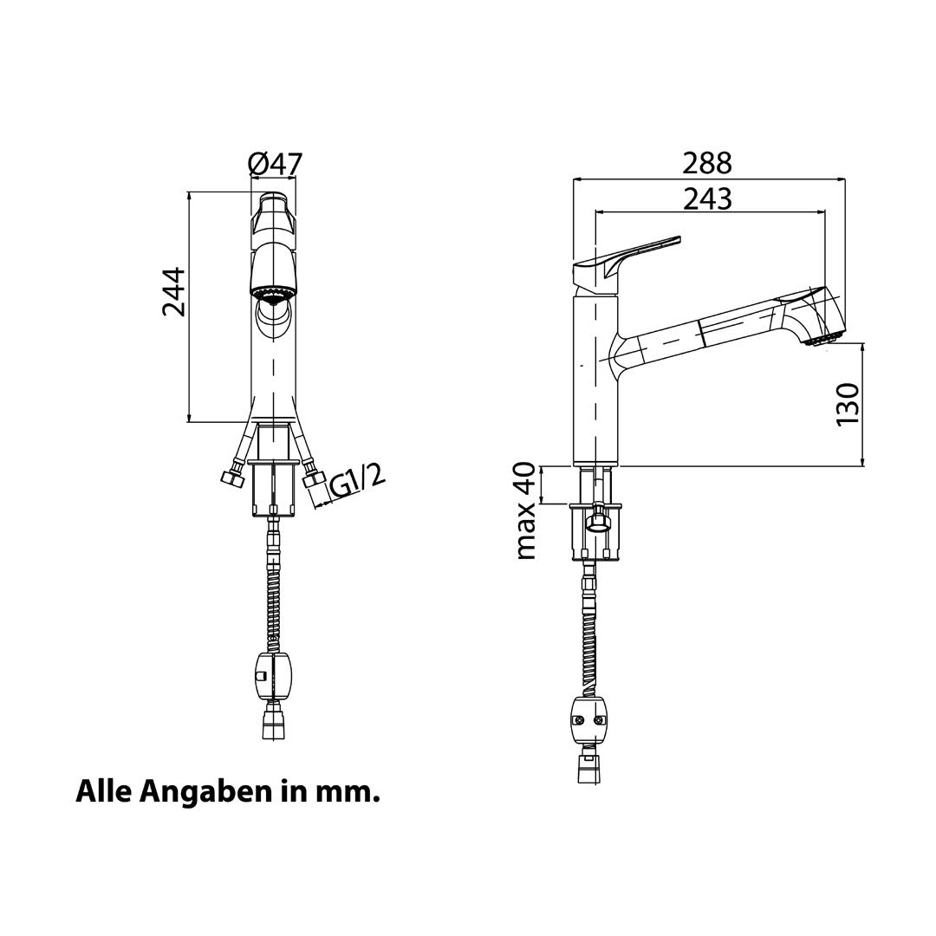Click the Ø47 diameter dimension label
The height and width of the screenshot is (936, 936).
point(276,164)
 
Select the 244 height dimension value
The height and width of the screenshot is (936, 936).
point(173,292)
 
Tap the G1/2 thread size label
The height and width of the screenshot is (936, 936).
point(357,482)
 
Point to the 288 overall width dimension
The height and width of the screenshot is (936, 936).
point(707,163)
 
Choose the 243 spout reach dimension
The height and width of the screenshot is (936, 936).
point(707,198)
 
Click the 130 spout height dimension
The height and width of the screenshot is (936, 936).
point(848,404)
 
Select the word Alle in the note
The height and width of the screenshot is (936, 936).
point(102,791)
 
